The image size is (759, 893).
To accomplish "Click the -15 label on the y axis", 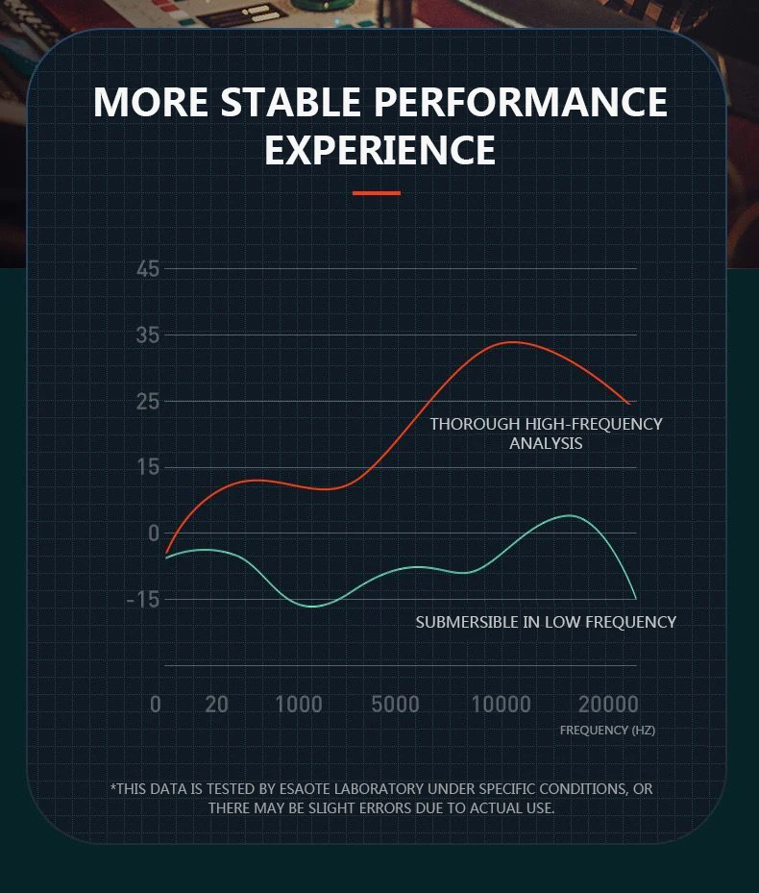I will (142, 600).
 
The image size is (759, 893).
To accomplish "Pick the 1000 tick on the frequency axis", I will (299, 705).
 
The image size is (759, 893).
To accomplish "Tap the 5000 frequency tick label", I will (395, 705).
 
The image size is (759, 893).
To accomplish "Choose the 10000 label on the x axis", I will (501, 705).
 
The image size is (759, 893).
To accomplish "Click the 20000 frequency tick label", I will (608, 705).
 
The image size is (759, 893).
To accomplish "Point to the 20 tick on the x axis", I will (217, 705).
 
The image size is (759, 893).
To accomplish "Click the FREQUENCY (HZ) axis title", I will (607, 731).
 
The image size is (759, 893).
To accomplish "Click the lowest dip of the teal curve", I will (312, 607).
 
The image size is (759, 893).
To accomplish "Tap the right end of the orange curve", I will (629, 404).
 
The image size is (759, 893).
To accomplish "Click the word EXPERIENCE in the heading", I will (379, 151).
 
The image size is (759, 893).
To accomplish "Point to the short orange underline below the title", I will (376, 193).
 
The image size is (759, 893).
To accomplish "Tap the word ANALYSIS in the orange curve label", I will (546, 443).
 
